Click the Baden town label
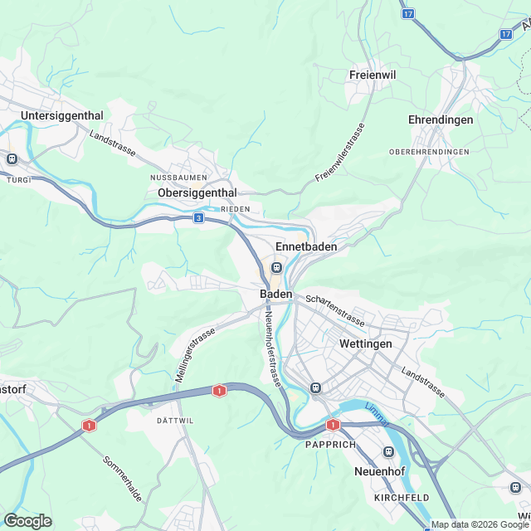(x=275, y=295)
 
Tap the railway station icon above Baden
(x=276, y=268)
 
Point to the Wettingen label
(x=365, y=343)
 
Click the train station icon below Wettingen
(x=315, y=387)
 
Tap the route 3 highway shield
(x=198, y=217)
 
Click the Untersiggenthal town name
(x=62, y=115)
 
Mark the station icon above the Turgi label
(x=12, y=158)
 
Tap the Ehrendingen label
(x=441, y=119)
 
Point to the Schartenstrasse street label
(x=334, y=309)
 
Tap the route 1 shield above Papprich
(x=333, y=424)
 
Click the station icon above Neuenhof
(x=388, y=451)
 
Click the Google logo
(x=27, y=520)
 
